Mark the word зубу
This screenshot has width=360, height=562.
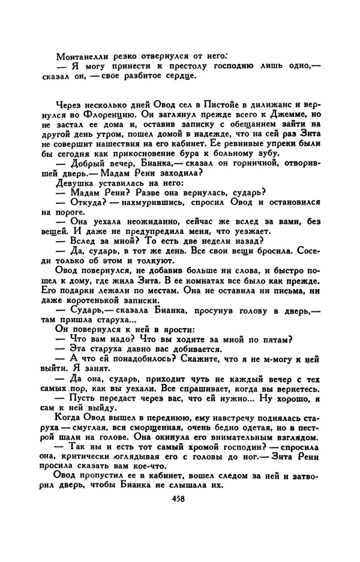(266, 154)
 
